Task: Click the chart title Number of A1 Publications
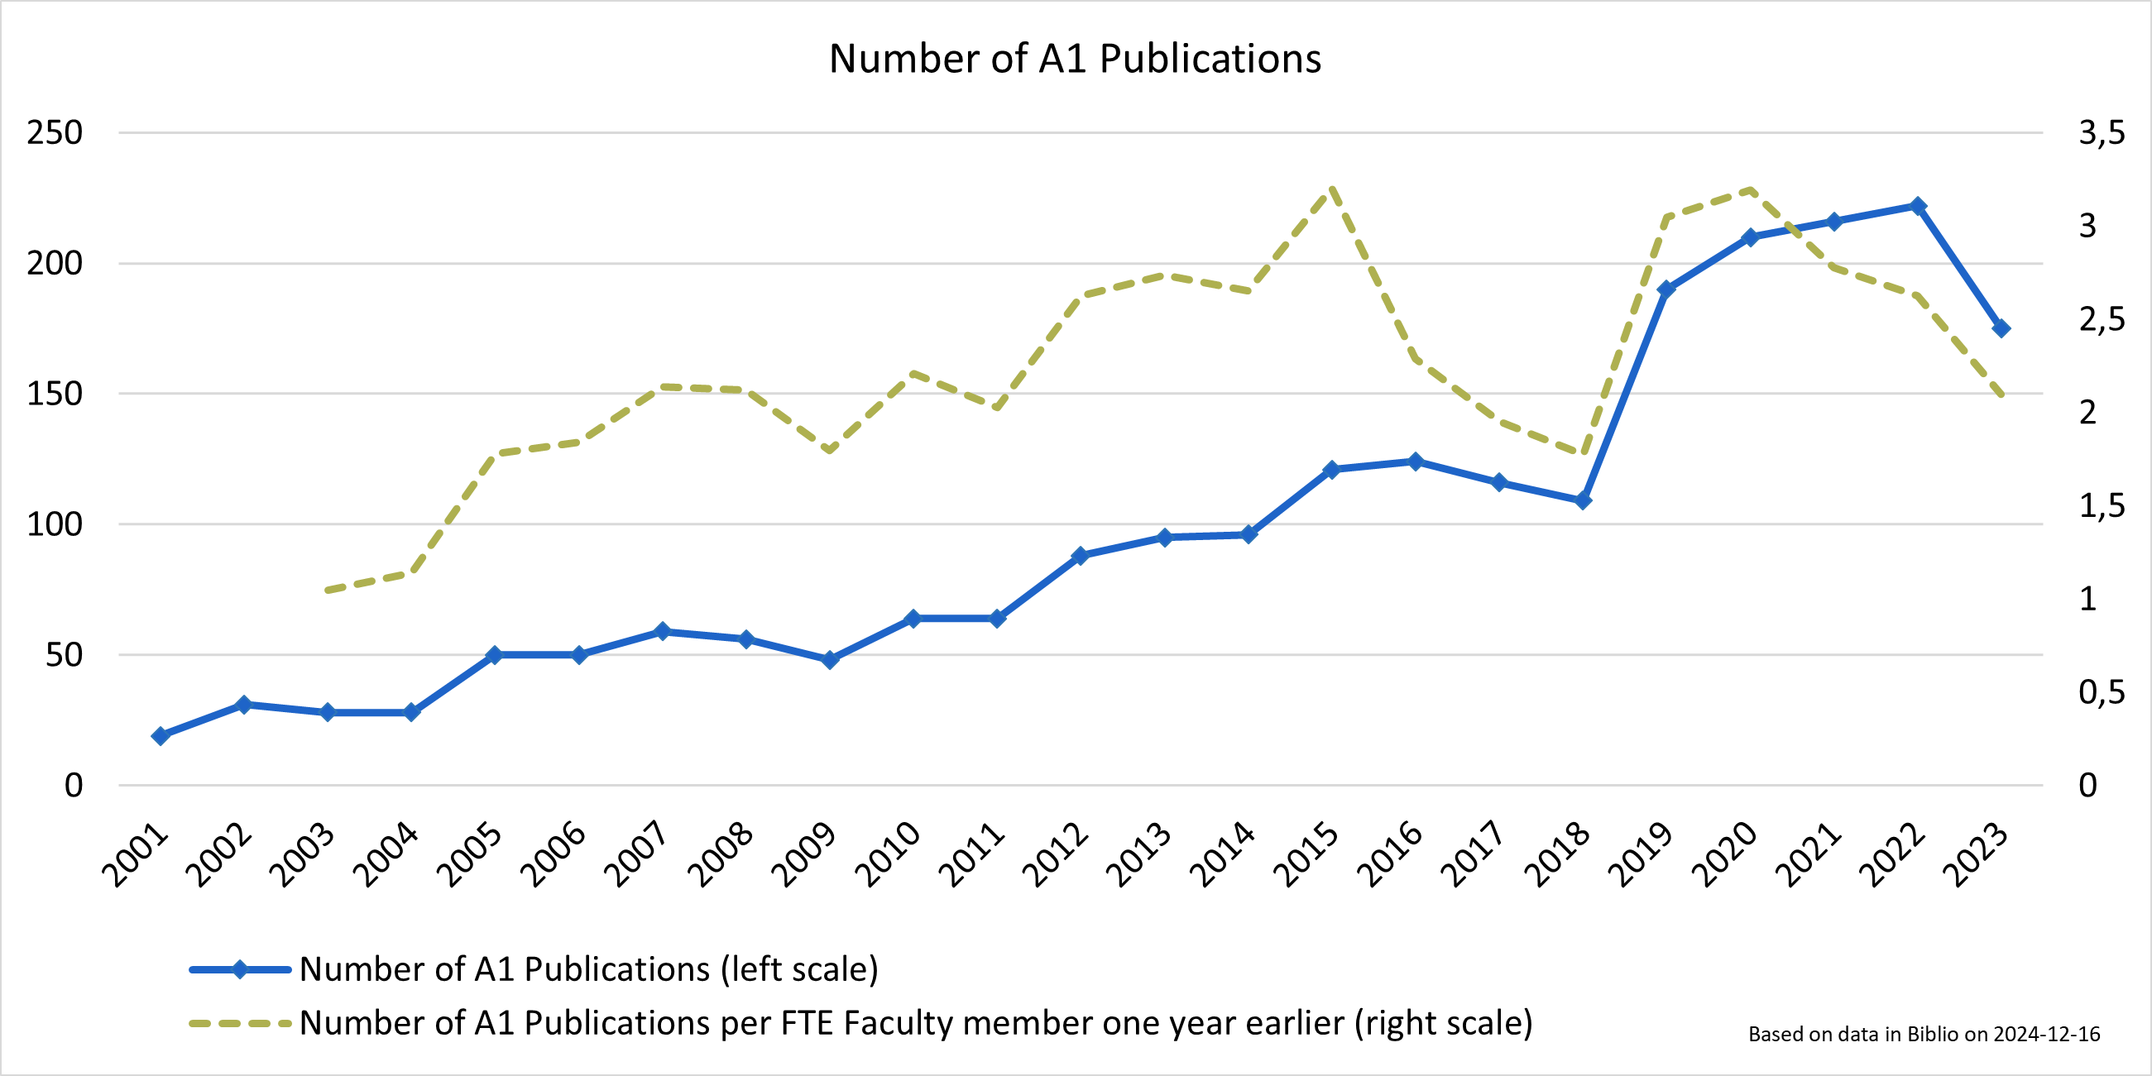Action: pos(1075,59)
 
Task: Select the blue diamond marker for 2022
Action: pos(1918,205)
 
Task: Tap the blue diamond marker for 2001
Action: pos(161,735)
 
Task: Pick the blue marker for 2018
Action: pos(1583,500)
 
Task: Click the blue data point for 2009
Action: pos(831,659)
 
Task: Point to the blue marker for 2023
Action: pos(2001,328)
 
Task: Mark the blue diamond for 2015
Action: pos(1331,470)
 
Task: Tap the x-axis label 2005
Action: pos(471,854)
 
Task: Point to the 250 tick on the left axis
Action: pos(55,133)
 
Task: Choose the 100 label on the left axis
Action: pos(55,524)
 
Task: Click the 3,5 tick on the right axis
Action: pos(2102,133)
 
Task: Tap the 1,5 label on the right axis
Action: pos(2102,505)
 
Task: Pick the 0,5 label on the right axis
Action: pos(2102,691)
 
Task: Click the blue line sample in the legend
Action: pos(240,970)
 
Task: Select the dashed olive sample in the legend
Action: pos(240,1023)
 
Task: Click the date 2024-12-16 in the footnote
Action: pos(2047,1034)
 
